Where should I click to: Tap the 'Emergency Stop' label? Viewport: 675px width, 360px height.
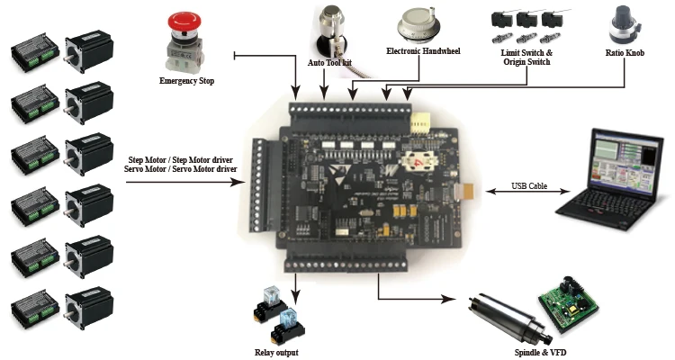tap(186, 80)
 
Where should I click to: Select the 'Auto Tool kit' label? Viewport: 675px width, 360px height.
tap(329, 63)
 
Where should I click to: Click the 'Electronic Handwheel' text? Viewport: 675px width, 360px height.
tap(423, 51)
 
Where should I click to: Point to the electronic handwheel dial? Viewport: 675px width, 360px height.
tap(419, 26)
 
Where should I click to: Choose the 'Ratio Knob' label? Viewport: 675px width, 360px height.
tap(625, 53)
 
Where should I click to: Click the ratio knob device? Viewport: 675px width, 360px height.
tap(625, 25)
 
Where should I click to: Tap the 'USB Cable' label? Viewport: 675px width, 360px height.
tap(529, 186)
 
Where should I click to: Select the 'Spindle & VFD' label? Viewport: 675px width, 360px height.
tap(540, 353)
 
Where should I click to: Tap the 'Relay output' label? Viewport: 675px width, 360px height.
tap(276, 353)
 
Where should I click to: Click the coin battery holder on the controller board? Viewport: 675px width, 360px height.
tap(419, 161)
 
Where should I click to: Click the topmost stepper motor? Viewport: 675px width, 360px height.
tap(89, 50)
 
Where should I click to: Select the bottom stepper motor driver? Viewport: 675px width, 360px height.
tap(34, 310)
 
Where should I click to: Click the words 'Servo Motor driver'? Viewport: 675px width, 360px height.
tap(204, 169)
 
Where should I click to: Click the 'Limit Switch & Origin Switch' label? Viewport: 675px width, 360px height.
tap(526, 58)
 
